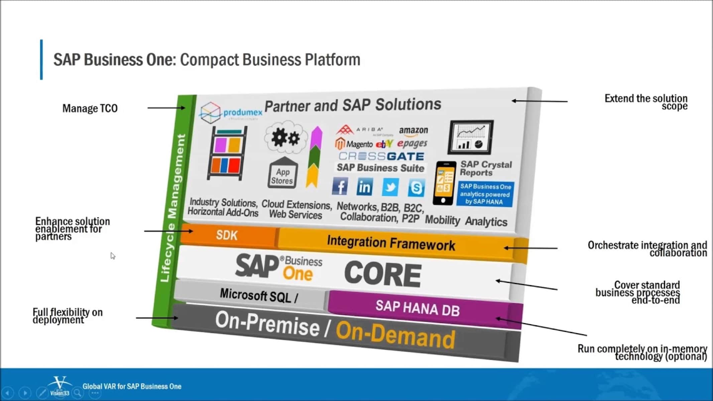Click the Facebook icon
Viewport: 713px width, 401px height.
point(340,186)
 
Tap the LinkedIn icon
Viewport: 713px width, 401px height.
point(364,187)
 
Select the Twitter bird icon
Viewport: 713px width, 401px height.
point(390,187)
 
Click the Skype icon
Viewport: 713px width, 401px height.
point(416,188)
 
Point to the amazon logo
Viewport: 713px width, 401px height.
point(413,131)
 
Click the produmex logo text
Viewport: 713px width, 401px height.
point(243,113)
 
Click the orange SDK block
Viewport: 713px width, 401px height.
point(227,235)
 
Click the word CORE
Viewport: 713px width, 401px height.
point(383,274)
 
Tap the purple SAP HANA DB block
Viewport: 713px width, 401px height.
point(418,308)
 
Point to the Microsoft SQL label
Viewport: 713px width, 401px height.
point(258,295)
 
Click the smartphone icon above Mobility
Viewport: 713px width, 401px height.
point(444,183)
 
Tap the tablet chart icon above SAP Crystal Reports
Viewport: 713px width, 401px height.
point(471,137)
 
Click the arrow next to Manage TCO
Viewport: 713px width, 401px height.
point(166,108)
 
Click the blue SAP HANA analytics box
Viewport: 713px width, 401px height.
point(485,194)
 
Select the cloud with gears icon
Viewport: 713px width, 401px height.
point(285,137)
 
